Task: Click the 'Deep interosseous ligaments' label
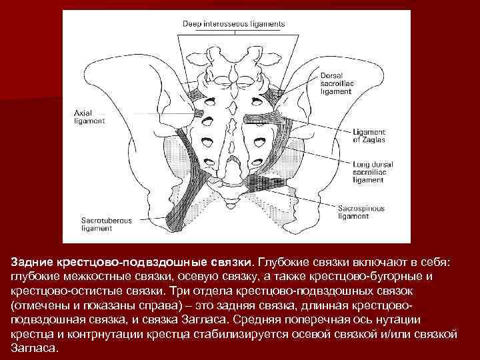click(x=233, y=23)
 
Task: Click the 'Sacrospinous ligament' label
click(x=361, y=212)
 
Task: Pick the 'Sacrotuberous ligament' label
click(x=107, y=223)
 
